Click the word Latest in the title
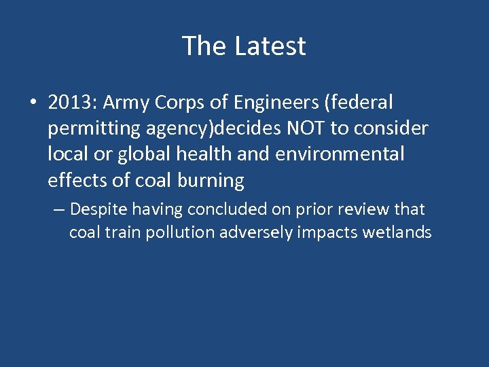coord(270,46)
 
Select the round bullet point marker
coord(33,103)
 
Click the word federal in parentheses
coord(360,103)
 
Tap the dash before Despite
coord(58,209)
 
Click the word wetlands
coord(397,232)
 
